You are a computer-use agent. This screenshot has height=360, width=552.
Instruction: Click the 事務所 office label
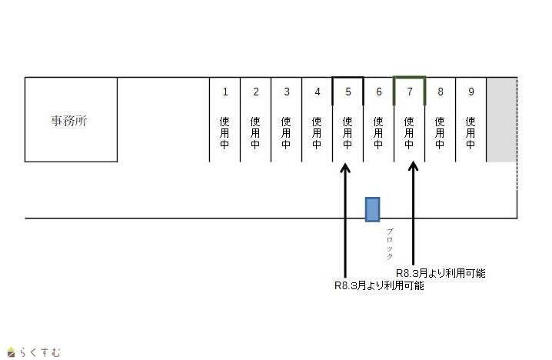click(69, 121)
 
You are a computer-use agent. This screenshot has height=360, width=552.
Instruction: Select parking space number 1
click(225, 92)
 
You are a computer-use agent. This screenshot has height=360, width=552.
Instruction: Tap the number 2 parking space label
click(256, 92)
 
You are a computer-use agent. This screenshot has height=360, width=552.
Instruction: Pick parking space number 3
click(287, 92)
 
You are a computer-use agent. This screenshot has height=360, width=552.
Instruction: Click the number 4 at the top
click(318, 92)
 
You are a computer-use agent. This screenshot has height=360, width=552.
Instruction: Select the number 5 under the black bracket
click(347, 92)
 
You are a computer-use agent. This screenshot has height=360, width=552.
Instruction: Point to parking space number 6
click(378, 92)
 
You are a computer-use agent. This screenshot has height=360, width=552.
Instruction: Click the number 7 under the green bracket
click(410, 92)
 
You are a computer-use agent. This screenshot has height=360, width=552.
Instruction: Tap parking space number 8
click(441, 92)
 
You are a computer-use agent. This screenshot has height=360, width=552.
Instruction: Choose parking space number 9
click(471, 92)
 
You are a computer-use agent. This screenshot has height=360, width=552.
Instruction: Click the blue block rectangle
click(372, 208)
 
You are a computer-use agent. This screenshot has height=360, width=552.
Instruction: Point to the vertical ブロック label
click(390, 244)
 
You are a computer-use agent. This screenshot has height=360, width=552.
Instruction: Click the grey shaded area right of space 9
click(501, 119)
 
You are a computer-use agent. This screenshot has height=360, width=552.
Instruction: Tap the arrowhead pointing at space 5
click(345, 167)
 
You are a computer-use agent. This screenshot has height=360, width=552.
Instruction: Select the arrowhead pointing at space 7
click(414, 167)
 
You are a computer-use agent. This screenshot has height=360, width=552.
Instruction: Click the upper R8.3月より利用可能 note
click(441, 273)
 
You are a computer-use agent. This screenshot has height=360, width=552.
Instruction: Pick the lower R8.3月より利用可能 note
click(379, 285)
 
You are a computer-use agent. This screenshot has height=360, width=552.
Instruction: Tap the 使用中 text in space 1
click(225, 132)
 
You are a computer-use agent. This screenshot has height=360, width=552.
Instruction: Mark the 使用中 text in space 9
click(471, 132)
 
